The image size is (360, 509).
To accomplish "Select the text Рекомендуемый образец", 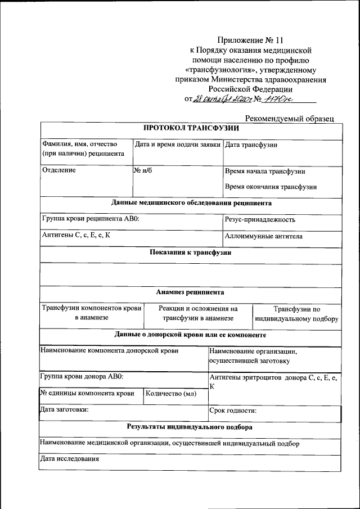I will click(290, 119).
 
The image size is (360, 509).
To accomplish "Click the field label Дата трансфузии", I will click(251, 145).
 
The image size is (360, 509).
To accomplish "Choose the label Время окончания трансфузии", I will click(271, 187).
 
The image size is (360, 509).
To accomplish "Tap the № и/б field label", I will click(143, 169).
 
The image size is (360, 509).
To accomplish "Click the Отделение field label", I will click(59, 169).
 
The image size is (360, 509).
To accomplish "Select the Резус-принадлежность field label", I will click(260, 219).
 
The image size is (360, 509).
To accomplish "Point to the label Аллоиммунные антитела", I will click(263, 236).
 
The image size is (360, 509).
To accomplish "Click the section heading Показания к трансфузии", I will click(191, 253).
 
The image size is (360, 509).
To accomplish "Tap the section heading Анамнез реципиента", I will click(191, 292).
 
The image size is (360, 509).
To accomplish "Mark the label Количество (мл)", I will click(170, 394).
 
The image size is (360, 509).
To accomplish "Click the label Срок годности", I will click(233, 411).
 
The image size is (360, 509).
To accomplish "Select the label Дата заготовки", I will click(64, 410).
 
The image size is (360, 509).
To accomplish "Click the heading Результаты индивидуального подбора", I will click(190, 427).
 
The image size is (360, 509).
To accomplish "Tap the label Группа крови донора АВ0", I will click(82, 376).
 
